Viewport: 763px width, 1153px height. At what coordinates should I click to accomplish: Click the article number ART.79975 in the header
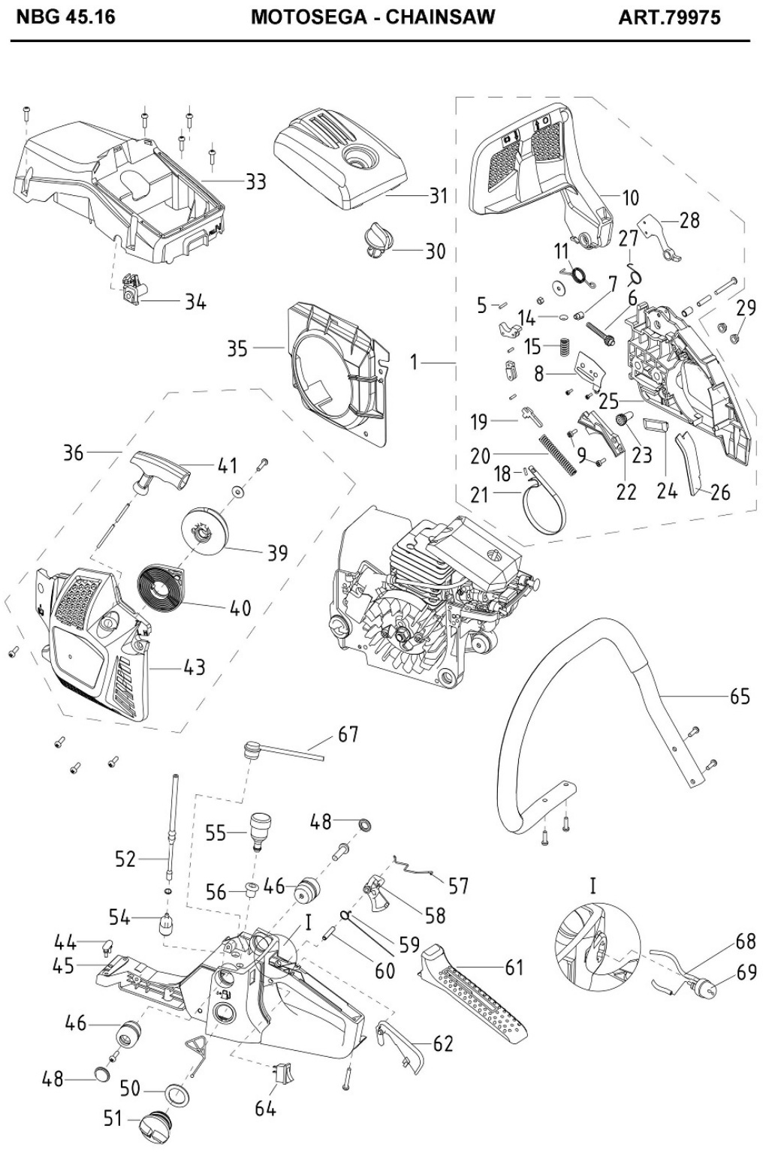pyautogui.click(x=669, y=17)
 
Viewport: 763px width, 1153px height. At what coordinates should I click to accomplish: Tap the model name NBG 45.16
pyautogui.click(x=66, y=17)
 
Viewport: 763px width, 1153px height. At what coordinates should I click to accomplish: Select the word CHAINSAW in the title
pyautogui.click(x=440, y=17)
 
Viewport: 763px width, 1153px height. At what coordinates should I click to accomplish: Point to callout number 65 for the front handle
pyautogui.click(x=740, y=697)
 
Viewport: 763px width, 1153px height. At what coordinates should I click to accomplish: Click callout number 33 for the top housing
pyautogui.click(x=256, y=181)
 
